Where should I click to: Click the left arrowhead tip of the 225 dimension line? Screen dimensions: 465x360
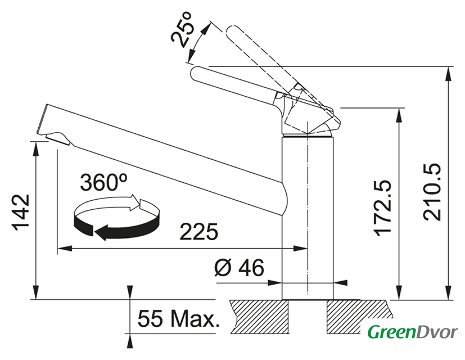(x=57, y=248)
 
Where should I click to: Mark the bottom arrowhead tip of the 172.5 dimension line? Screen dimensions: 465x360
(x=400, y=299)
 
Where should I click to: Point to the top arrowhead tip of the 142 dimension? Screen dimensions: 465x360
(x=36, y=142)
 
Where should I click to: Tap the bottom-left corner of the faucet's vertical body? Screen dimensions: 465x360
(x=282, y=299)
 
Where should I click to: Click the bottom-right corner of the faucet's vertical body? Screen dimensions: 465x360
(x=333, y=299)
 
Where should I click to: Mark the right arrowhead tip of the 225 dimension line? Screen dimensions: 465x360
(x=308, y=248)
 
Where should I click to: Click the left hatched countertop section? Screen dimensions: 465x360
(x=259, y=317)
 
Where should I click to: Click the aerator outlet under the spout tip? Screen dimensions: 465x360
(x=58, y=138)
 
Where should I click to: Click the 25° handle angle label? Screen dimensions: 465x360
(x=182, y=30)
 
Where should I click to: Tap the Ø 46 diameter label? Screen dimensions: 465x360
(x=239, y=267)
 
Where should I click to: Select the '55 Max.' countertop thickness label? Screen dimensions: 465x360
(x=179, y=319)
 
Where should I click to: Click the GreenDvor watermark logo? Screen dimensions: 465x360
(x=413, y=331)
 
